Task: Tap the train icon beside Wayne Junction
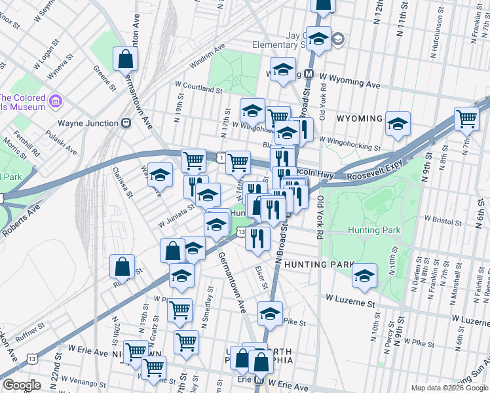point(124,123)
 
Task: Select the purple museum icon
point(55,102)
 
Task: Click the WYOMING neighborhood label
point(359,119)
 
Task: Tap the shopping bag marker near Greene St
point(124,60)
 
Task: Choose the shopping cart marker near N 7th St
point(466,119)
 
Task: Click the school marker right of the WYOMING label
point(398,124)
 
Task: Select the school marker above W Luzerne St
point(364,276)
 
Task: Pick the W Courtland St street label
point(198,87)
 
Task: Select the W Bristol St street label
point(443,218)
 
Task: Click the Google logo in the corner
point(22,385)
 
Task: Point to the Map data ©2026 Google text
point(449,388)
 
